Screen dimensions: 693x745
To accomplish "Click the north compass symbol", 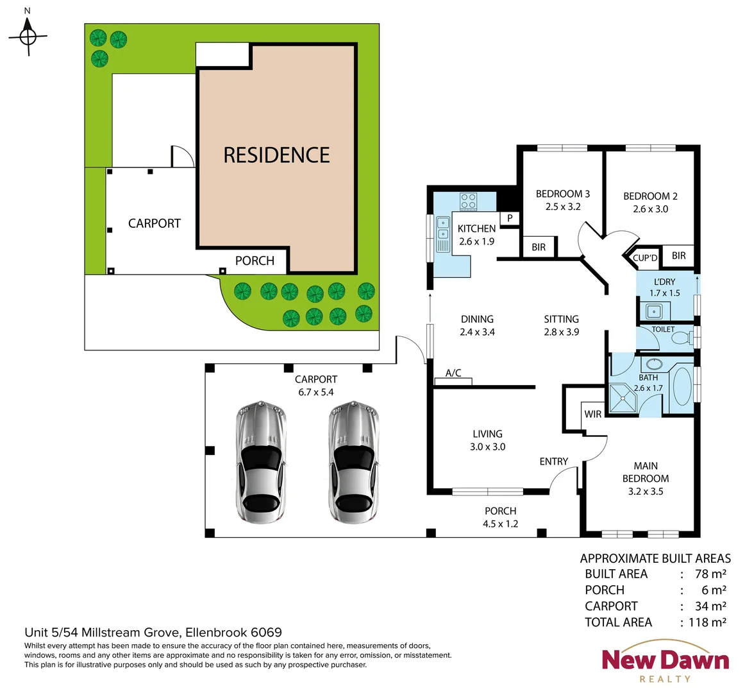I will click(28, 37).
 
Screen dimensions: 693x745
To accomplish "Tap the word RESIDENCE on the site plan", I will click(276, 155).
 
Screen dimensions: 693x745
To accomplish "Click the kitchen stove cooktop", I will click(468, 201).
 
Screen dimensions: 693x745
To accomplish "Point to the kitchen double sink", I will click(442, 234).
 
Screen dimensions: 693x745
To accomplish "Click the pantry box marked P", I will click(510, 218).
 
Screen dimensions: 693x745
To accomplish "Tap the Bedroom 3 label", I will click(562, 194).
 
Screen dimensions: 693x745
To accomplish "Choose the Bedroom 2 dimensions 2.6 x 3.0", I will click(650, 209).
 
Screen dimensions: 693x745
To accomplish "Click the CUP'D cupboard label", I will click(645, 258).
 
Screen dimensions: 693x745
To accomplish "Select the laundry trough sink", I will click(653, 312).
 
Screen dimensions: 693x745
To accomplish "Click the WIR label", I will click(593, 415).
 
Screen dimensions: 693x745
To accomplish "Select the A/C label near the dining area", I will click(453, 373).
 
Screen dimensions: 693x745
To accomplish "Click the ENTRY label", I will click(553, 461).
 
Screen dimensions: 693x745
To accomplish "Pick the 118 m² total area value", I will click(707, 622).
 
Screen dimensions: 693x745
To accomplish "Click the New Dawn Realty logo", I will click(665, 661).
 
